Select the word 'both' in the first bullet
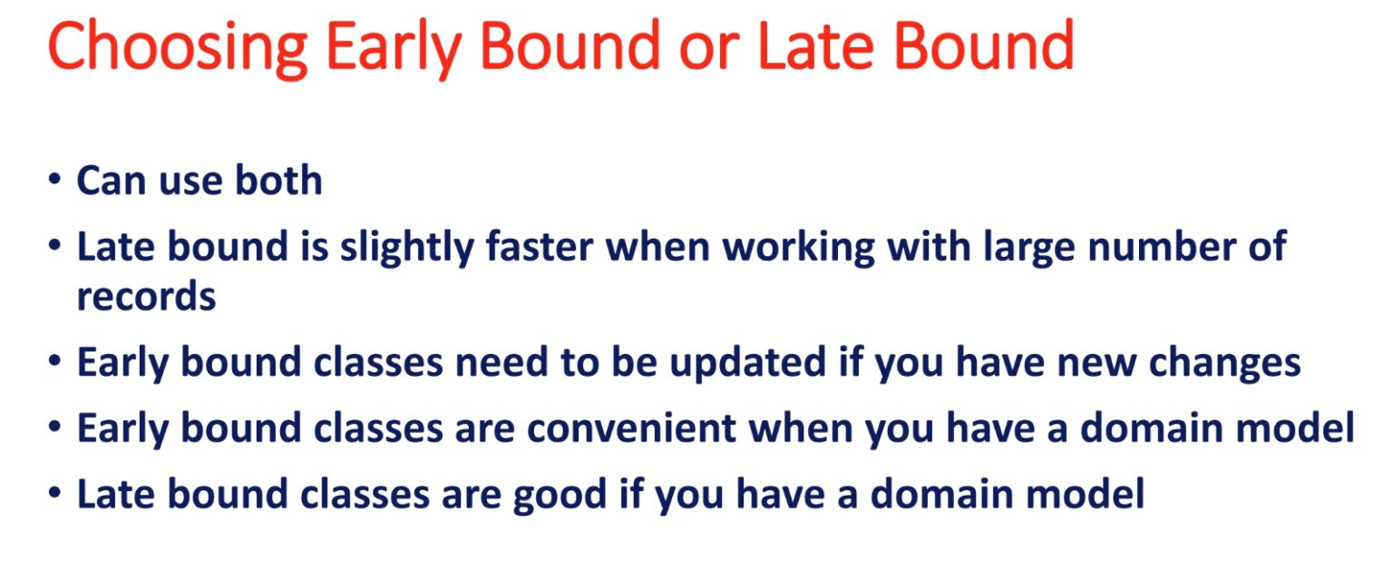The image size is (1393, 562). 278,180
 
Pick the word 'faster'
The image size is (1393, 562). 540,246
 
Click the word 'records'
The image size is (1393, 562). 146,296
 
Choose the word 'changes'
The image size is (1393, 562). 1224,363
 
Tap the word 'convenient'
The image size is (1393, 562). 631,429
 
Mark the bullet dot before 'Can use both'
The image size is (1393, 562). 54,179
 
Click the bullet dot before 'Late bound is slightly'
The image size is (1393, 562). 54,245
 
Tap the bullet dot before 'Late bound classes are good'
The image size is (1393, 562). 54,493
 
